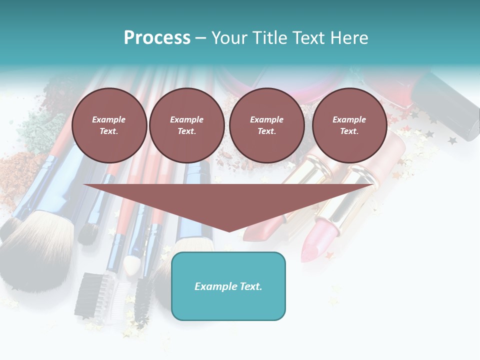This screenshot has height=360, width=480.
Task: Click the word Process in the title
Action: (157, 38)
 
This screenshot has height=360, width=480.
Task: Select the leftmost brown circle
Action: (109, 125)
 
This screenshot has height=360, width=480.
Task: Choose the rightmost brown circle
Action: (349, 125)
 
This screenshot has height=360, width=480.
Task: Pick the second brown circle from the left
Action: (186, 125)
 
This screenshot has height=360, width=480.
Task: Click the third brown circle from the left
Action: (266, 125)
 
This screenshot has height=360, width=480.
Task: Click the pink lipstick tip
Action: (313, 247)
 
